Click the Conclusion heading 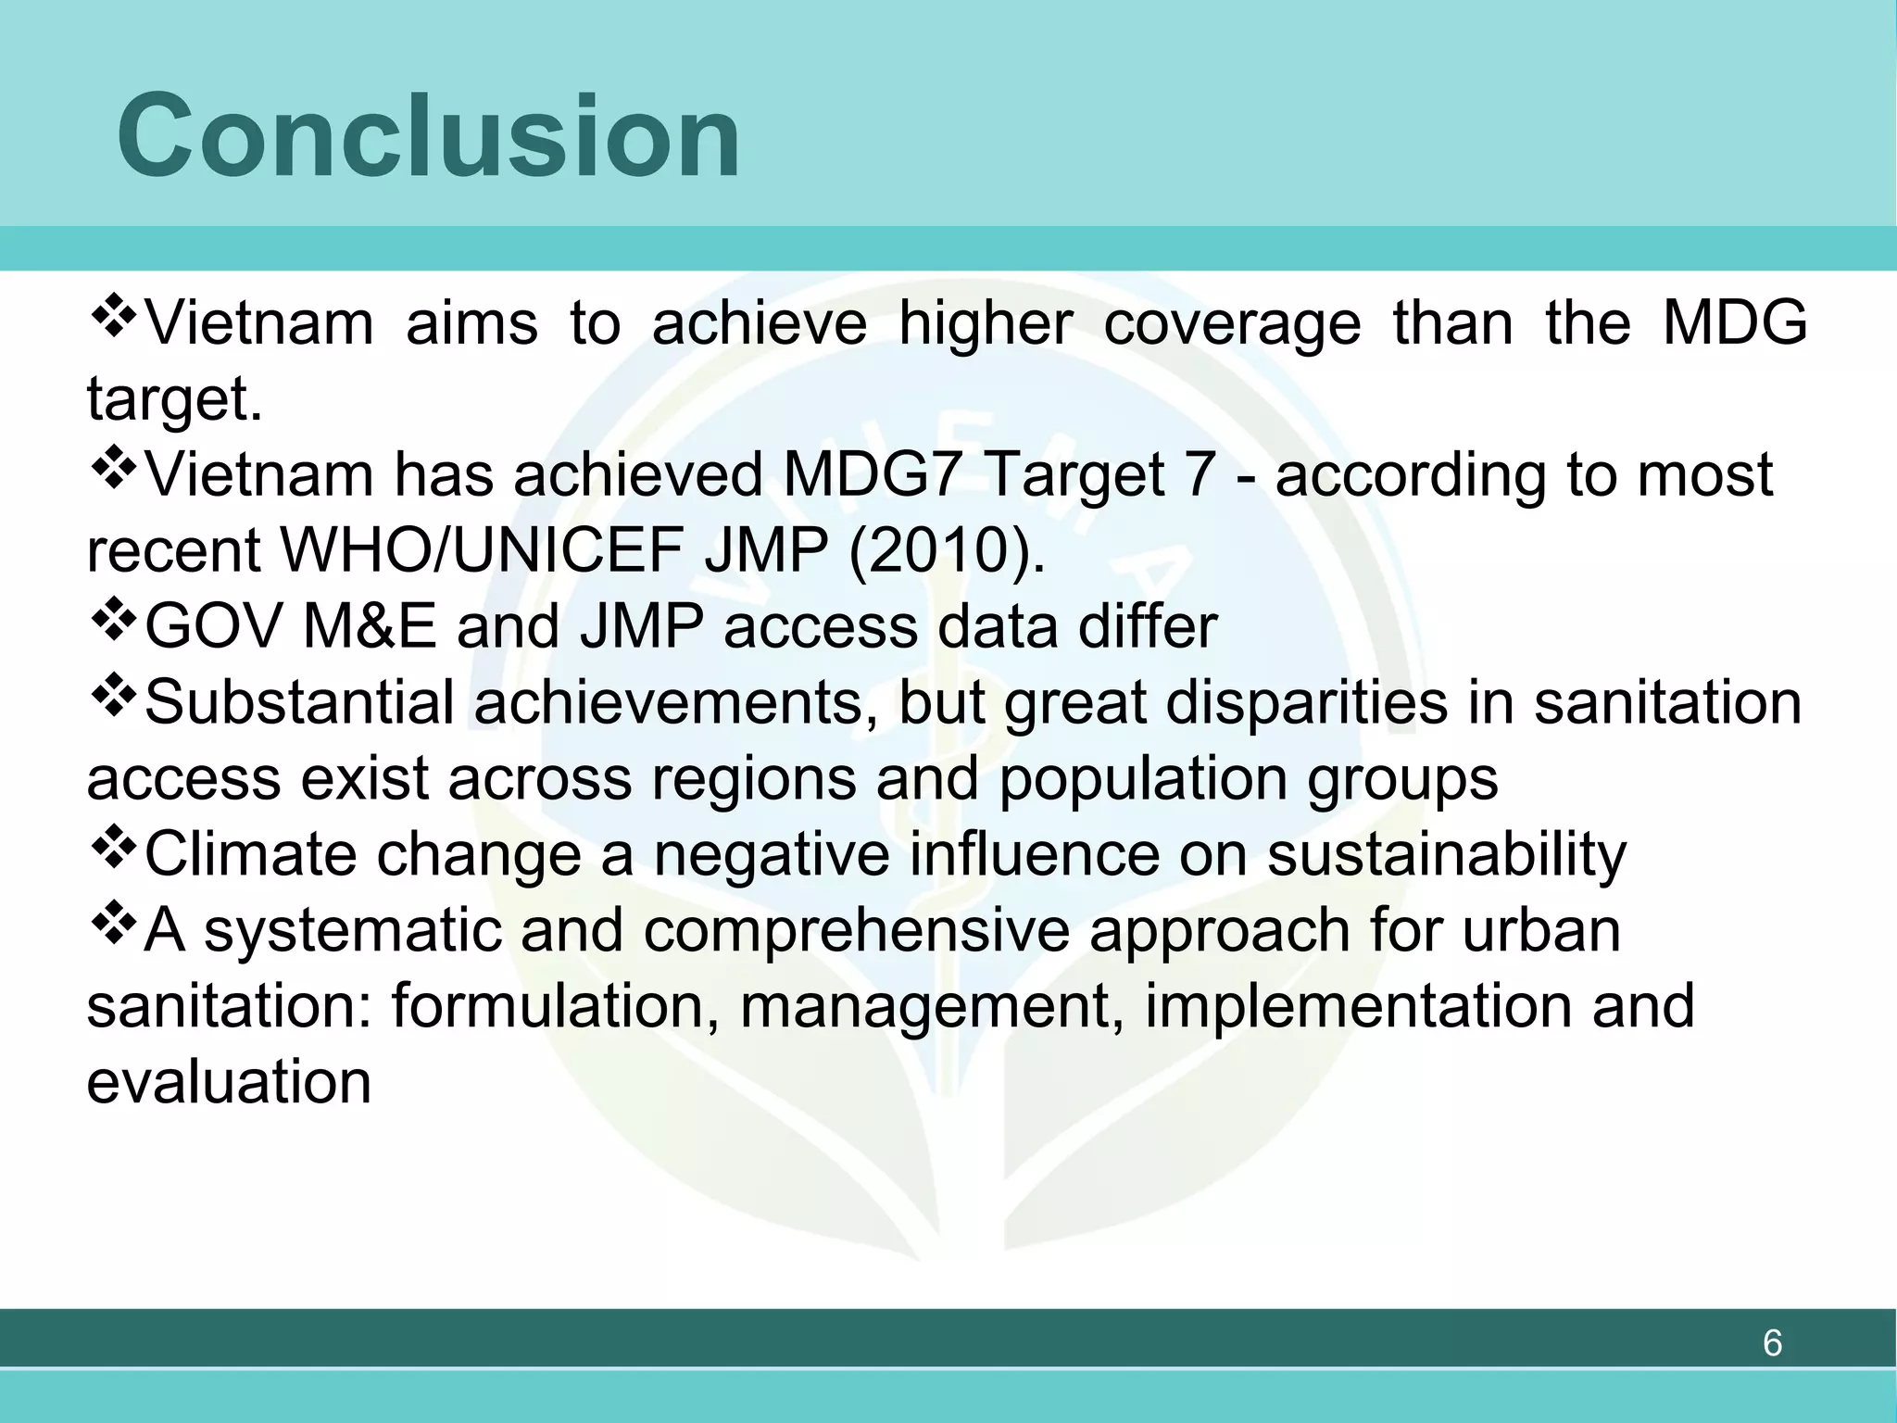coord(428,137)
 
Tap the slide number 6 coord(1771,1343)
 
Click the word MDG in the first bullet coord(1734,323)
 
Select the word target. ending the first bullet coord(174,400)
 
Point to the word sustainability coord(1446,855)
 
